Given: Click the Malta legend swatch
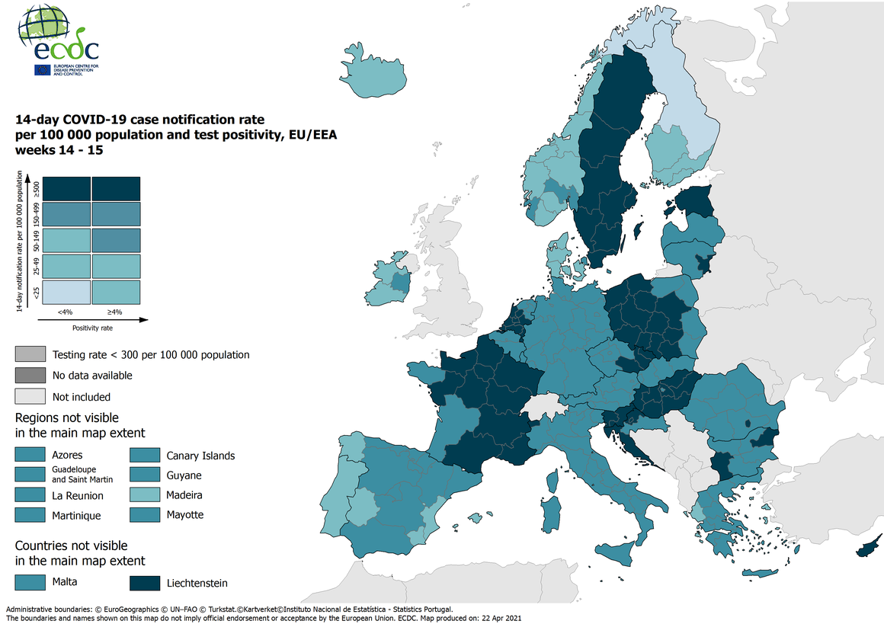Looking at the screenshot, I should [30, 582].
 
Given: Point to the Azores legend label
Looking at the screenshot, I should [67, 456].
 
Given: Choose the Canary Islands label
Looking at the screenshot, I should [200, 456].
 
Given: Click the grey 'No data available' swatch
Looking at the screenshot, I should [30, 375].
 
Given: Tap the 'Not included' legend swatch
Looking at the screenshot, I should [30, 396].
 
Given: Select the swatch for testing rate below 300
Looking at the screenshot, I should [30, 354].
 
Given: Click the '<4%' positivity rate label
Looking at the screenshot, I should [66, 311].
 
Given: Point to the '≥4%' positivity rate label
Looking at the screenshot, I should [116, 311].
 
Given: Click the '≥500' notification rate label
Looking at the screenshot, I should [35, 188].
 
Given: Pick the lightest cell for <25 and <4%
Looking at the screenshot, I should [66, 292].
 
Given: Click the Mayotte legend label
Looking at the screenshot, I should [185, 514].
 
